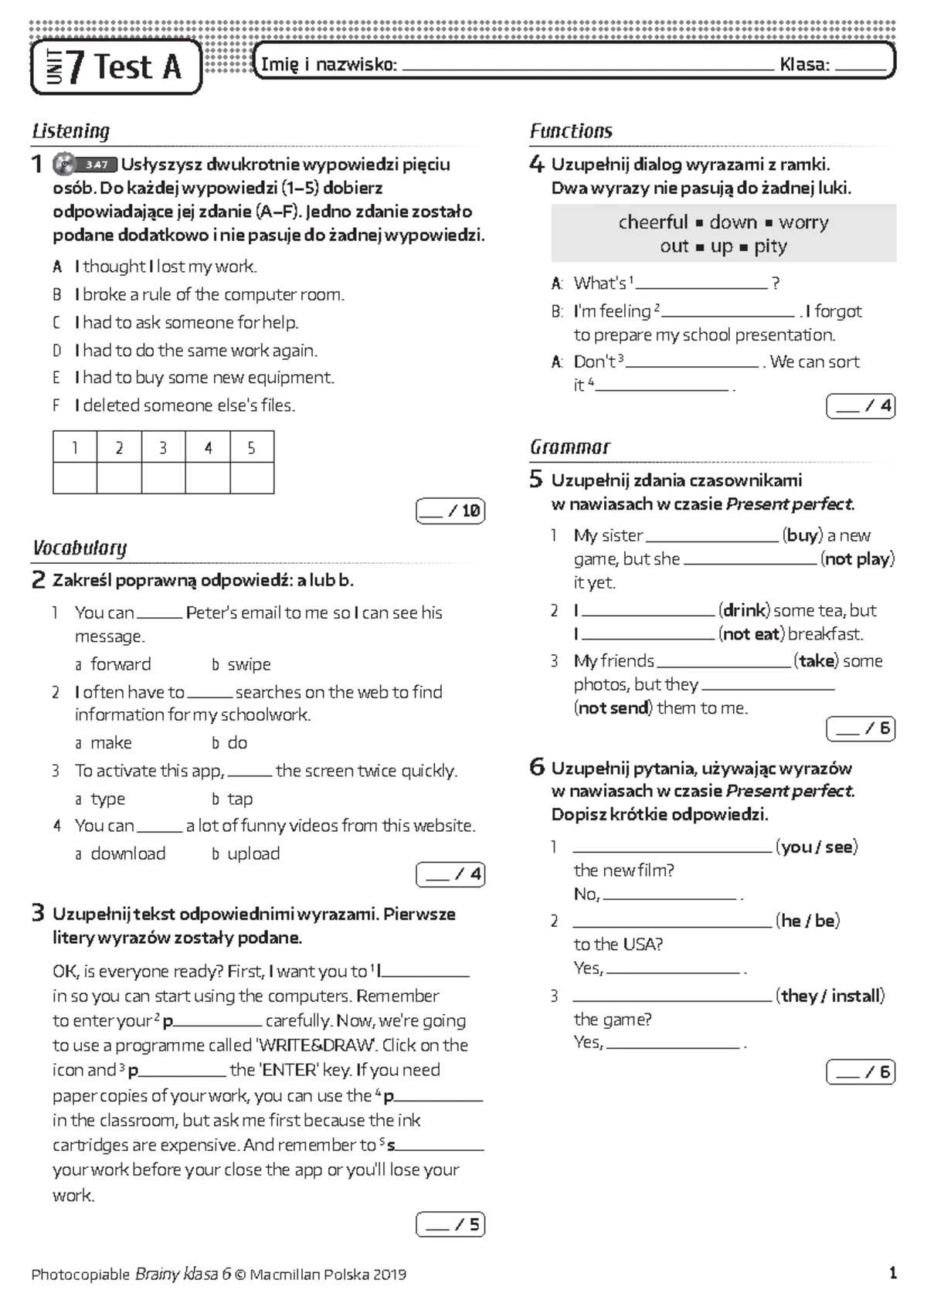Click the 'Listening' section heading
(70, 131)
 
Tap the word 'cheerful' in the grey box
(653, 222)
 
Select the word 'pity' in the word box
(770, 246)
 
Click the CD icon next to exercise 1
(64, 164)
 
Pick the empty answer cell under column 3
(163, 478)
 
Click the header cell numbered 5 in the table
(251, 448)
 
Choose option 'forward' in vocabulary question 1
(121, 664)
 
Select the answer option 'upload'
(253, 854)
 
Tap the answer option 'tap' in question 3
(239, 799)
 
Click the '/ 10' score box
(450, 511)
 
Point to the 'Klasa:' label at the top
(804, 65)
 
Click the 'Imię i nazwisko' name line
(587, 68)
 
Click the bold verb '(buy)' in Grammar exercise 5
(802, 535)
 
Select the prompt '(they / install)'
(830, 996)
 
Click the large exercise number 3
(38, 914)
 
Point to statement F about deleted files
(174, 406)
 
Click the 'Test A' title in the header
(138, 67)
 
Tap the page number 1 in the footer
(893, 1274)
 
